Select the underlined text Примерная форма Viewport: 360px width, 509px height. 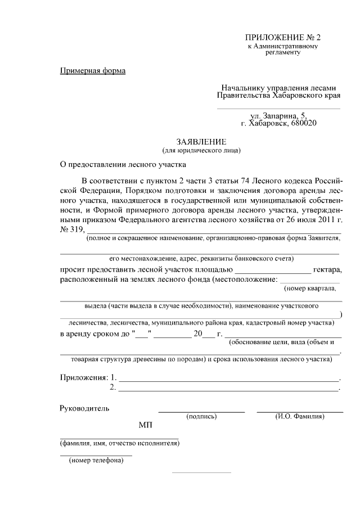[93, 71]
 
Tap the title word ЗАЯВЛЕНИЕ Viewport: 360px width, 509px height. [201, 142]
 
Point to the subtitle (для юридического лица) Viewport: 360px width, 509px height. [201, 150]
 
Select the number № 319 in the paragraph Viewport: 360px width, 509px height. [71, 229]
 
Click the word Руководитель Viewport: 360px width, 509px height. [85, 408]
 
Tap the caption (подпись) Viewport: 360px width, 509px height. [201, 417]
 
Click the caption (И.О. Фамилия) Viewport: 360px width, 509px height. [300, 417]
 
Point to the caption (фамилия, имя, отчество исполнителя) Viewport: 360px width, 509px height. [120, 443]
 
